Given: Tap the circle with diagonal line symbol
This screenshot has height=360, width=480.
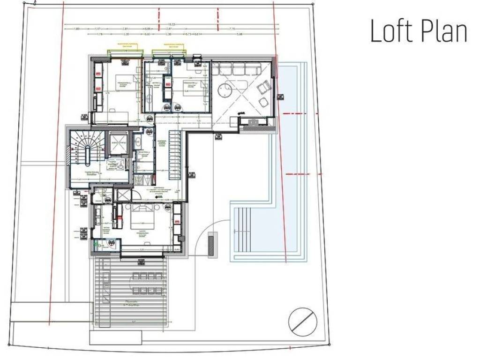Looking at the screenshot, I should click(x=302, y=322).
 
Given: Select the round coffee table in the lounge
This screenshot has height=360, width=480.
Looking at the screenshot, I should click(x=225, y=89).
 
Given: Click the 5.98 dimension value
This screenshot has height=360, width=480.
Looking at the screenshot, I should click(x=240, y=34).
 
